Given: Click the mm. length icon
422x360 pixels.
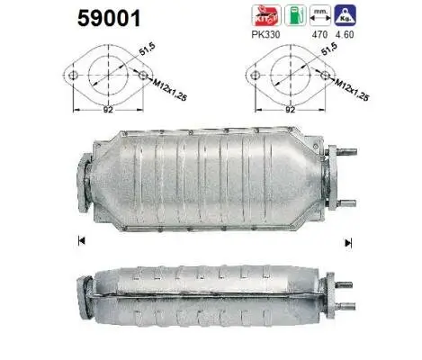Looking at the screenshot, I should tap(319, 15).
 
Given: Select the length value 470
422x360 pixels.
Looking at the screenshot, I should tap(319, 35).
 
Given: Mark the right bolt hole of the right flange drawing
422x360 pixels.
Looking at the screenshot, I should tap(319, 76).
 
